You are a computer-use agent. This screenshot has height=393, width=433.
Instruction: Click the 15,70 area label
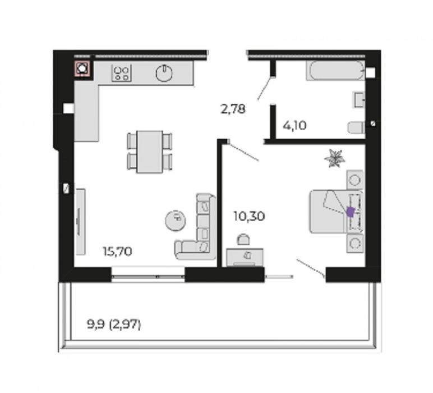[x=117, y=252]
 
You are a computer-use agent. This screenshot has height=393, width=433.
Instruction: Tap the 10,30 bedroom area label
[x=249, y=216]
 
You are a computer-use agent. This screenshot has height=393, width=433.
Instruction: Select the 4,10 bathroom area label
[x=294, y=126]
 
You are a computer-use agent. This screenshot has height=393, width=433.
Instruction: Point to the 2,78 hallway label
[x=233, y=108]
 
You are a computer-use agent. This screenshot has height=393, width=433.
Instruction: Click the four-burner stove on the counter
[x=122, y=73]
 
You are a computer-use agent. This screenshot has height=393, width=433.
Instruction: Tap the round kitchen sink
[x=164, y=73]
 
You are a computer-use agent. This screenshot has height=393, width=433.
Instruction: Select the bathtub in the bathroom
[x=335, y=71]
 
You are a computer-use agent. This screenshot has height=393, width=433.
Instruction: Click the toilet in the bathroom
[x=356, y=128]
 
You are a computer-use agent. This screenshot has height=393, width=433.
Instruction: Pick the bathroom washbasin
[x=359, y=100]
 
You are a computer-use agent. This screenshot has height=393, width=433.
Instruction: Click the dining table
[x=150, y=152]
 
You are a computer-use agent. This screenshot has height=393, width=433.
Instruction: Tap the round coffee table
[x=176, y=220]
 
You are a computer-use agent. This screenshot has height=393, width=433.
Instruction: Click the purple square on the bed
[x=351, y=212]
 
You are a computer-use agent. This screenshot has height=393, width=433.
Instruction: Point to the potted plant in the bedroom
[x=335, y=158]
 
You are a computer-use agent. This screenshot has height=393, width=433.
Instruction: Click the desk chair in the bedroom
[x=243, y=239]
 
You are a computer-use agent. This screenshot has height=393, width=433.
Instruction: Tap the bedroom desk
[x=245, y=257]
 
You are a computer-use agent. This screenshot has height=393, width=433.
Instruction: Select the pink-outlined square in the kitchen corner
[x=82, y=68]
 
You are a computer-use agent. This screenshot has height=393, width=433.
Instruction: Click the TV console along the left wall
[x=80, y=222]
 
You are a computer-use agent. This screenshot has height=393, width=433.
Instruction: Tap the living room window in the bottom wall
[x=148, y=274]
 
